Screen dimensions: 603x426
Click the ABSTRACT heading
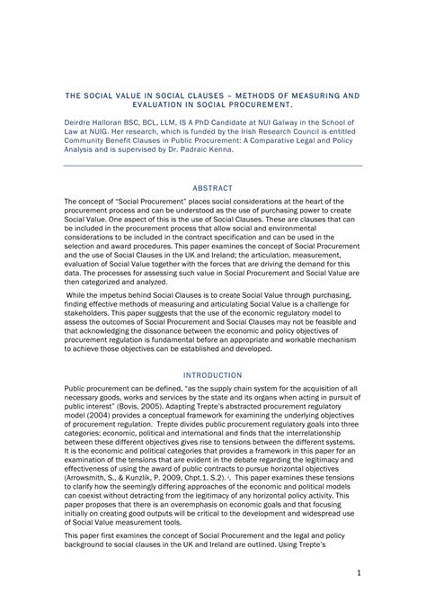[x=212, y=188]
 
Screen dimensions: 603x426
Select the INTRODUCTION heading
[x=212, y=374]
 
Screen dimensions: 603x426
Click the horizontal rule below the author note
[x=212, y=165]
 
